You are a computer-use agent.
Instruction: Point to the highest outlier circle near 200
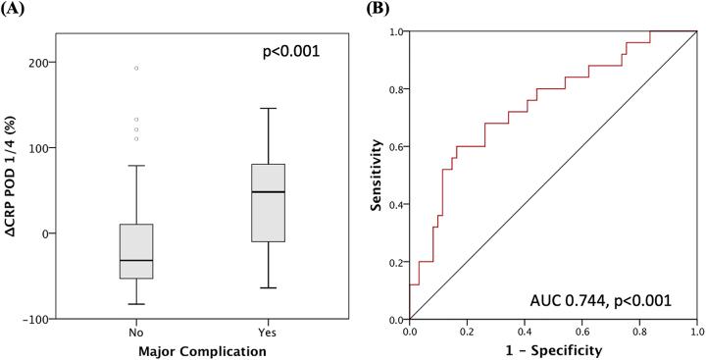(x=136, y=68)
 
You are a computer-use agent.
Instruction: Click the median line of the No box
(x=136, y=260)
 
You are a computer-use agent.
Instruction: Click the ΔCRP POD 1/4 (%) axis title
(x=15, y=177)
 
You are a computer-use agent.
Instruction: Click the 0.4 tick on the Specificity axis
(x=524, y=332)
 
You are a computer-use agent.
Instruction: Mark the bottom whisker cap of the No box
(x=136, y=305)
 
